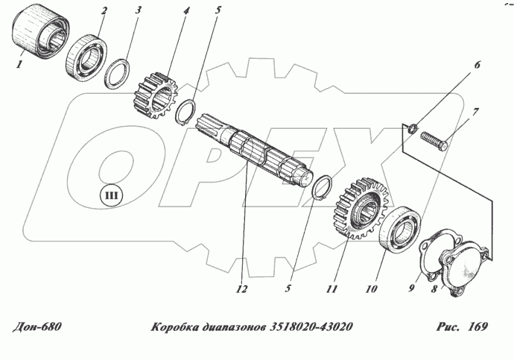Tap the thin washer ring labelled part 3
[119, 74]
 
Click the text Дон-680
[36, 326]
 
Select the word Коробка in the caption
[176, 326]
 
